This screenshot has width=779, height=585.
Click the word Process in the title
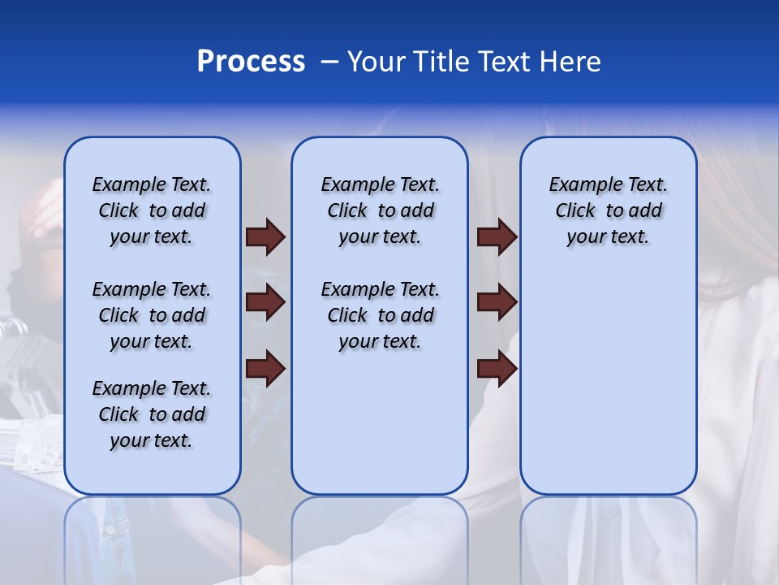tap(251, 62)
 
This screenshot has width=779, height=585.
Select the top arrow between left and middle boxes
tap(265, 236)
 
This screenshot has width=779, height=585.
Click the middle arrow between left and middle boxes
tap(265, 303)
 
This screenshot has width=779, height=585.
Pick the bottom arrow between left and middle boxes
tap(265, 369)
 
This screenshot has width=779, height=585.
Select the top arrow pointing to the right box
tap(497, 236)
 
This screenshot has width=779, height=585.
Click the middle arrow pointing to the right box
tap(497, 303)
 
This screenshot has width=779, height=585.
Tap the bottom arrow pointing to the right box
tap(497, 369)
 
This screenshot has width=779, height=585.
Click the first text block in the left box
tap(152, 210)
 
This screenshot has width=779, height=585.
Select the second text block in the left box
tap(152, 315)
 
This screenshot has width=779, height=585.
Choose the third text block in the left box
tap(152, 414)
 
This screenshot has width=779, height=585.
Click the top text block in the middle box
tap(380, 210)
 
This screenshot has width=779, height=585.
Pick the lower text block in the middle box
tap(380, 315)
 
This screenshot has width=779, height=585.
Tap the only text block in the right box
tap(608, 210)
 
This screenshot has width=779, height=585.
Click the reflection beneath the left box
tap(152, 536)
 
